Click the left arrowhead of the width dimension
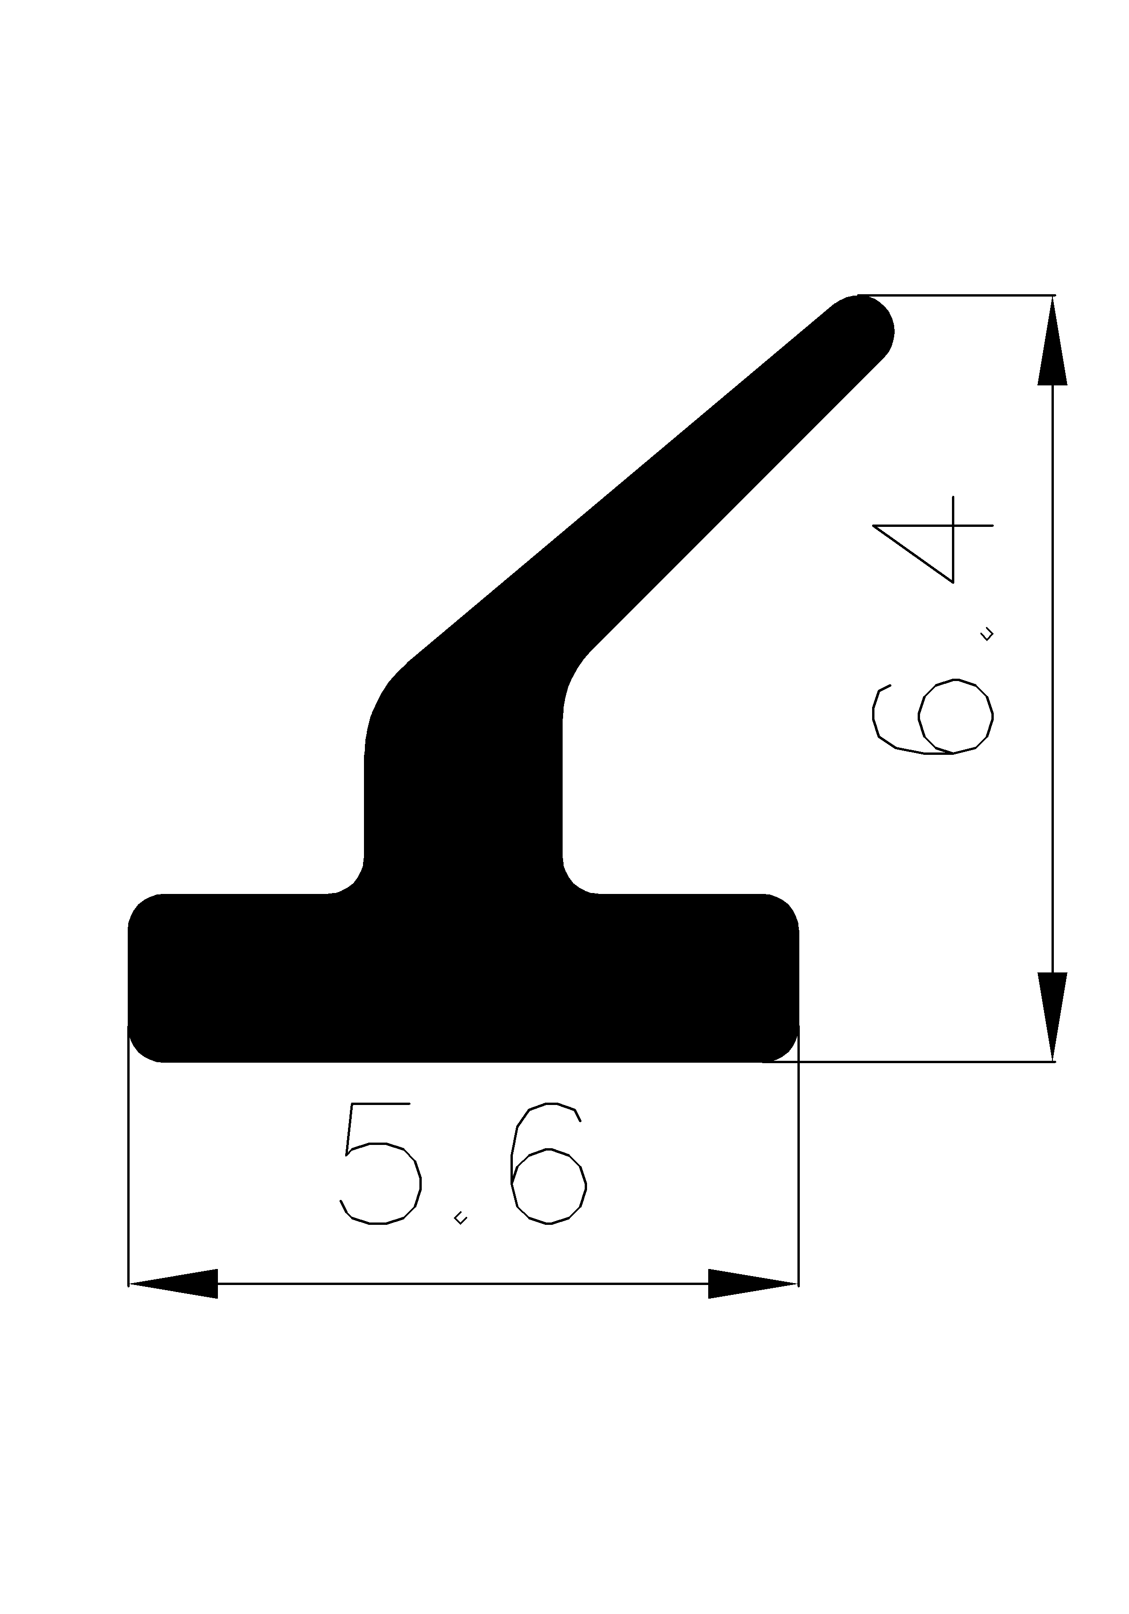[x=172, y=1284]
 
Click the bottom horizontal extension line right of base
[x=928, y=1061]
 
